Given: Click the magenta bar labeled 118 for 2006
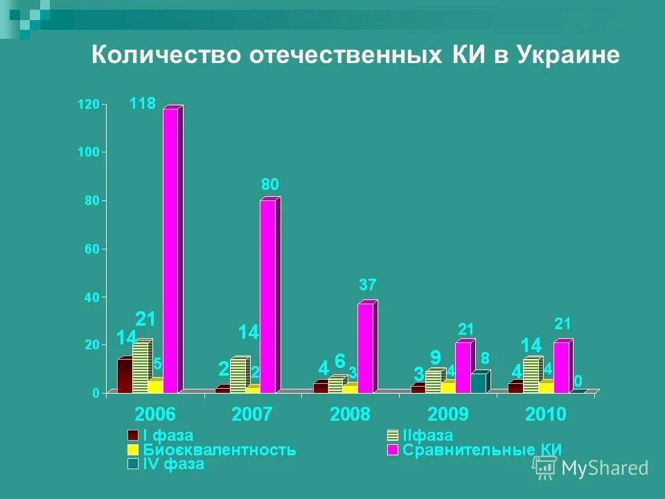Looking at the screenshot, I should [170, 249].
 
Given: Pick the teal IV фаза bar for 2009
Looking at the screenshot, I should [478, 383].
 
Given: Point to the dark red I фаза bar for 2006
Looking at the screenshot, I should [125, 376].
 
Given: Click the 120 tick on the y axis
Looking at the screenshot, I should [89, 105].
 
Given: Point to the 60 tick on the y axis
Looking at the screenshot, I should [91, 249].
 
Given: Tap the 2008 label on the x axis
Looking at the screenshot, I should [349, 414].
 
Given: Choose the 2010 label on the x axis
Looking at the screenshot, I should [545, 414].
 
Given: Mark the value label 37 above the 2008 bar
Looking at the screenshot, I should [368, 285].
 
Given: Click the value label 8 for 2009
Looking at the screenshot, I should [485, 358].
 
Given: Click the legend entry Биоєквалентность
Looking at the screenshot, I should [219, 450].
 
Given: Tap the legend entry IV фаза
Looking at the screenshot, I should [173, 464].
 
